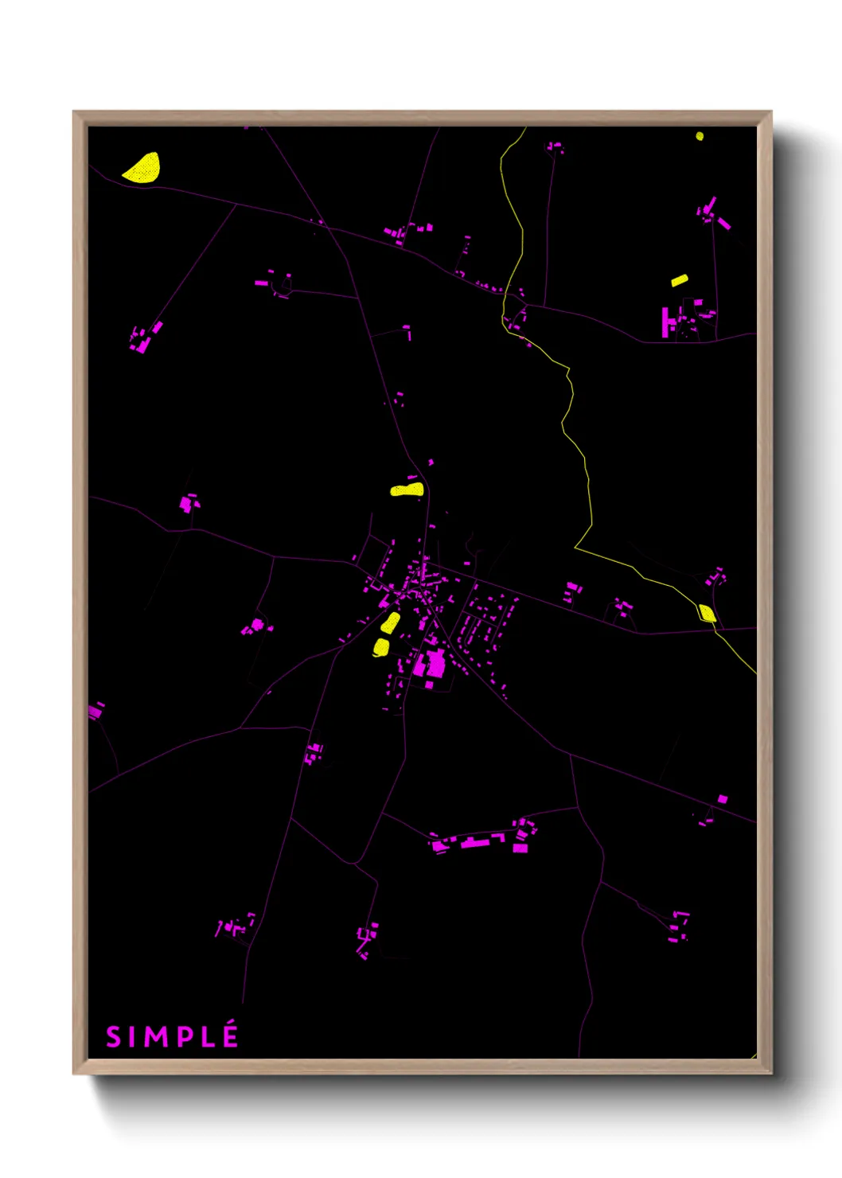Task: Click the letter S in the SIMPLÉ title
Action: pos(114,1037)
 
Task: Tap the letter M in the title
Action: pos(155,1037)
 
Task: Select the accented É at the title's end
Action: pos(230,1036)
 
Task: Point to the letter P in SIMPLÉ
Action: pos(183,1037)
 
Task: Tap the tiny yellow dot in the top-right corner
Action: pos(700,136)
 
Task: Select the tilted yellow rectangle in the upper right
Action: pos(679,280)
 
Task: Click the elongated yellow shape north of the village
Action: pos(407,490)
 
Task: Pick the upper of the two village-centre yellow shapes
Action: pos(390,623)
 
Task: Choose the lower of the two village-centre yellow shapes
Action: pos(381,648)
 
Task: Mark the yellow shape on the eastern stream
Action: pos(707,613)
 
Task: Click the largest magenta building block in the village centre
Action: pos(435,664)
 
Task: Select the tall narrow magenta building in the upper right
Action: pos(665,322)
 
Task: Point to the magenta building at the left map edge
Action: pos(96,710)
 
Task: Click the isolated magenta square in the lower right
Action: pos(723,799)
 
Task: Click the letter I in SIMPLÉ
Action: pos(132,1037)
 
